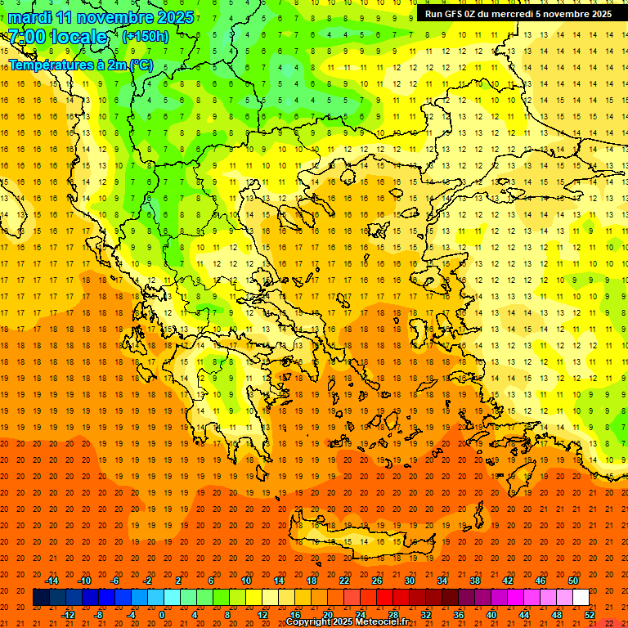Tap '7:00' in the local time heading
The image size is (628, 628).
[27, 37]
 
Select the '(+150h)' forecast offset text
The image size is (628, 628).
[146, 37]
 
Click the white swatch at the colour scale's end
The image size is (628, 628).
[581, 597]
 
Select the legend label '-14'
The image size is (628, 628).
[52, 581]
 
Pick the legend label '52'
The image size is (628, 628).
[590, 615]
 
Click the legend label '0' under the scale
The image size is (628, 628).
[162, 615]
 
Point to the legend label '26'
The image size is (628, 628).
[377, 581]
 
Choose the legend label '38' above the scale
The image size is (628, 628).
[475, 581]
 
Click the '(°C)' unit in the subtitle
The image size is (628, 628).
[139, 65]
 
